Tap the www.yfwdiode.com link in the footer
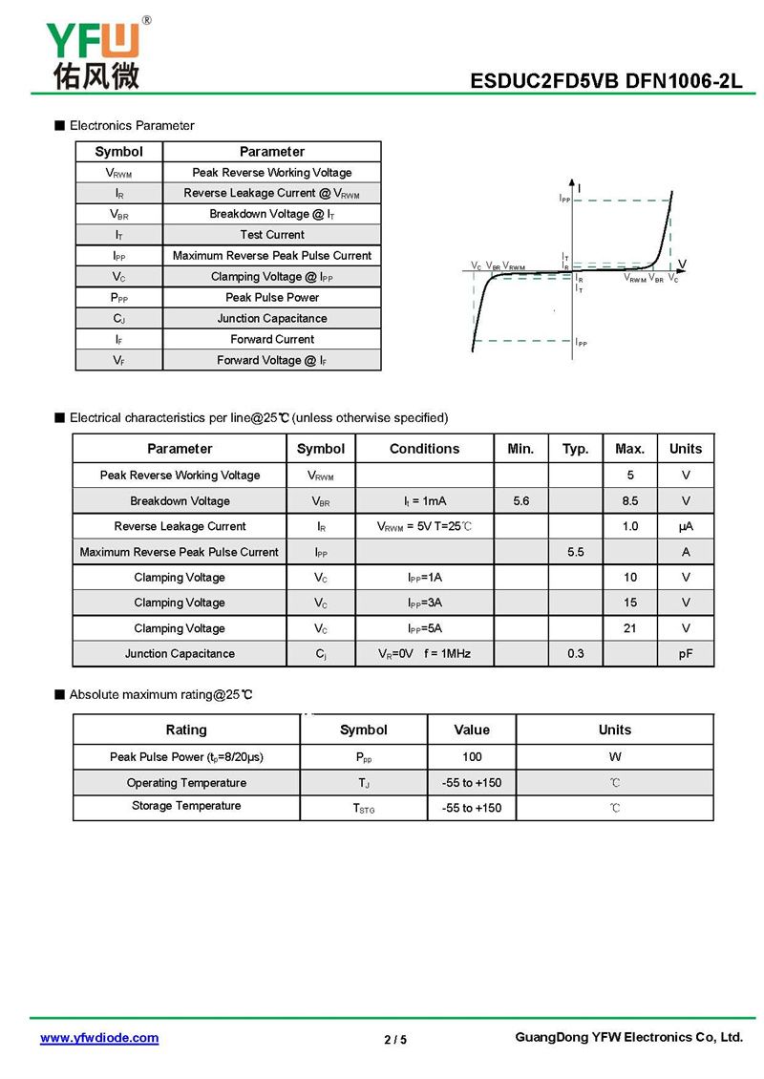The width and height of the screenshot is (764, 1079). pyautogui.click(x=99, y=1038)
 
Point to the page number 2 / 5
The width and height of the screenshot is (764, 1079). pyautogui.click(x=395, y=1039)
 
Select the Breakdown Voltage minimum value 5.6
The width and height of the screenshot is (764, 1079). pyautogui.click(x=521, y=500)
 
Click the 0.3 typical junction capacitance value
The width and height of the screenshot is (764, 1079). pyautogui.click(x=575, y=653)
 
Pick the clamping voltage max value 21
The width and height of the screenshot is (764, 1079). pyautogui.click(x=630, y=628)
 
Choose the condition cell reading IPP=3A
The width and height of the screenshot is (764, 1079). pyautogui.click(x=424, y=603)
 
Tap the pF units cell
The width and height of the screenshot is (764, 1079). pyautogui.click(x=686, y=653)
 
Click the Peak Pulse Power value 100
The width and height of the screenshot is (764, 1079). pyautogui.click(x=472, y=756)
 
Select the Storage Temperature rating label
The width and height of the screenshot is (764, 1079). pyautogui.click(x=186, y=806)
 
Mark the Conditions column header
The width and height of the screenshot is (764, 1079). pyautogui.click(x=424, y=449)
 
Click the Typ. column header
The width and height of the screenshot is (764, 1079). pyautogui.click(x=575, y=449)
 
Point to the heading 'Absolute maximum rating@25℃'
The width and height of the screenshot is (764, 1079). pyautogui.click(x=160, y=694)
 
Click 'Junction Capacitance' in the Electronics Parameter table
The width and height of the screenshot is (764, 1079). pyautogui.click(x=272, y=318)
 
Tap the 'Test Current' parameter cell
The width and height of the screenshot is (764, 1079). pyautogui.click(x=272, y=234)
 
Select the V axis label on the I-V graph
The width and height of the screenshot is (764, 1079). pyautogui.click(x=683, y=264)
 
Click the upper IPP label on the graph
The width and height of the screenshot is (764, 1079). pyautogui.click(x=564, y=198)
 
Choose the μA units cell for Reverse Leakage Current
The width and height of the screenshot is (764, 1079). pyautogui.click(x=686, y=526)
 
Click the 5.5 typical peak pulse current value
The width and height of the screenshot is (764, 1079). pyautogui.click(x=575, y=552)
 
